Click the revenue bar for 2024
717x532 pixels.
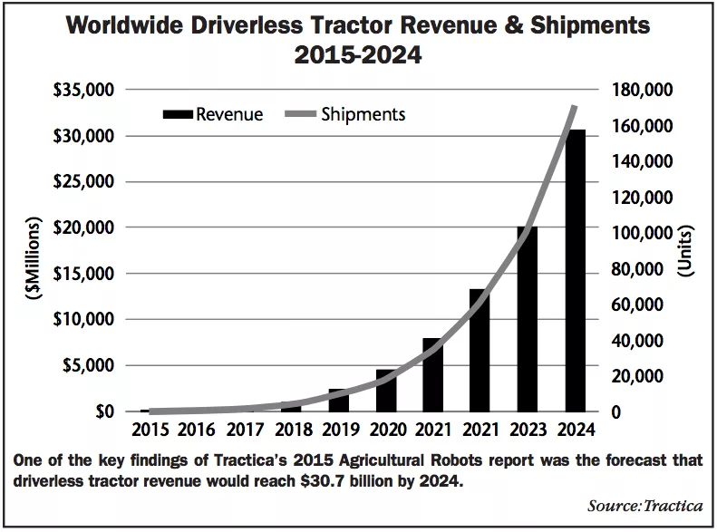575,272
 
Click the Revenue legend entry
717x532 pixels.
213,115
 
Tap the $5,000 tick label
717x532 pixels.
92,365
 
